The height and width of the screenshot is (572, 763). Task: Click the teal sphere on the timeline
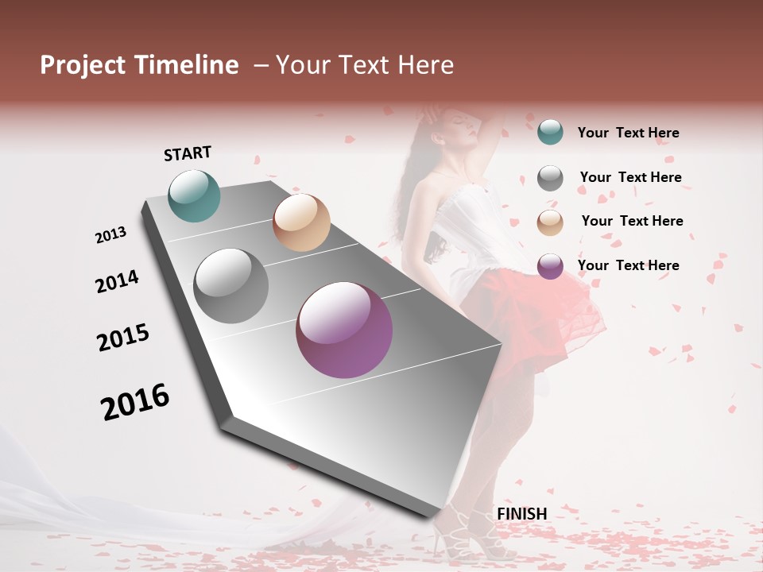[x=194, y=195]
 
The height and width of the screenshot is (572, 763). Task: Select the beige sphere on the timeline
[x=301, y=222]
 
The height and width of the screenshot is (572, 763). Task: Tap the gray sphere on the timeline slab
[x=231, y=286]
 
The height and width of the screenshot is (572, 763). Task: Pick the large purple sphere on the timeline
[x=344, y=330]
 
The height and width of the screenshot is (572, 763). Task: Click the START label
[x=188, y=153]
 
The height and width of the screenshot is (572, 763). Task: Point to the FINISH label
[x=521, y=514]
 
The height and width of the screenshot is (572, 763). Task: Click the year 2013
[x=111, y=235]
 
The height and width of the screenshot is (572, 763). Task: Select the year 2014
[x=117, y=282]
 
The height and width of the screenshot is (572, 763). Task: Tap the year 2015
[x=123, y=338]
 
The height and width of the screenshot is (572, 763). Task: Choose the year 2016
[x=135, y=402]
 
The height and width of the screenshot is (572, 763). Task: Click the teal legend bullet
[x=550, y=132]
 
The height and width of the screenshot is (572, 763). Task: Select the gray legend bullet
[x=550, y=178]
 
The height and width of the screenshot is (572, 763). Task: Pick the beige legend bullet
[x=550, y=222]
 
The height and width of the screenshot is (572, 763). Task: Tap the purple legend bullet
[x=550, y=266]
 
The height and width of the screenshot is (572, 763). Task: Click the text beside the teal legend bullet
[x=628, y=133]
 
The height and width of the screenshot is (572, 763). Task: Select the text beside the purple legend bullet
[x=628, y=265]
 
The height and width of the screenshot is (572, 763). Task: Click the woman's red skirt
[x=548, y=310]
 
